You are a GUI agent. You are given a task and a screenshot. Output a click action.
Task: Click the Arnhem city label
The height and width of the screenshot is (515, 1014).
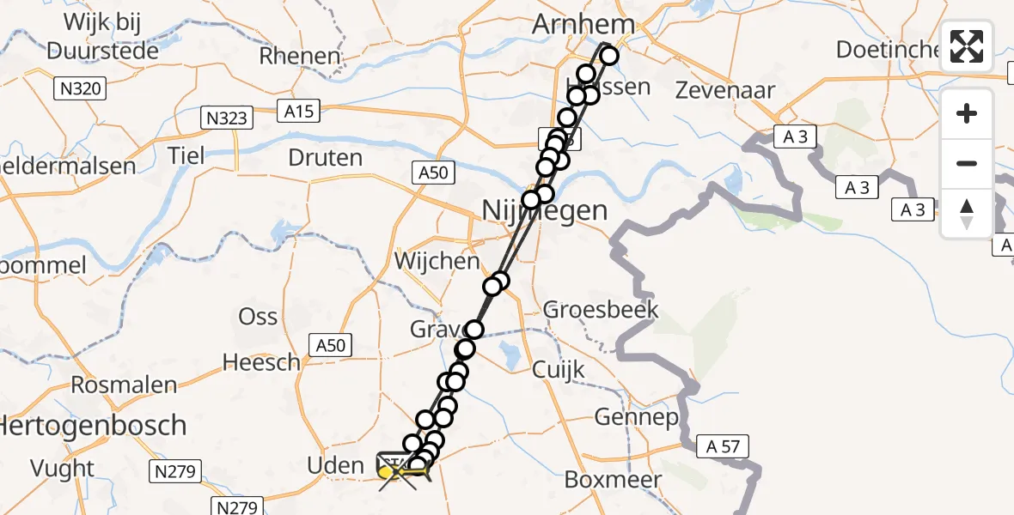(x=583, y=25)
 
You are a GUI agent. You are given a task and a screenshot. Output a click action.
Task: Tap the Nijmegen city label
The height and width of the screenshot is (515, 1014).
(x=544, y=210)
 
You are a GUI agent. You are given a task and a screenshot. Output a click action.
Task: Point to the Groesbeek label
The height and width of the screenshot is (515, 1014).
(x=601, y=309)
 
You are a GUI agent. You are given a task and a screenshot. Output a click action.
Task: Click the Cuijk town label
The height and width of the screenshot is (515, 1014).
(x=559, y=370)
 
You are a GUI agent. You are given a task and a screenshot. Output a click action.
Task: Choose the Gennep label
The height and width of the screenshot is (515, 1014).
(x=637, y=418)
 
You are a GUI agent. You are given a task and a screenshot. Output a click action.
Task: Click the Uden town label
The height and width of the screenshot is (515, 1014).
(x=336, y=466)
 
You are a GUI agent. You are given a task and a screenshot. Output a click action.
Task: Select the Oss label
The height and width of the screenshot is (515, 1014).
(x=258, y=316)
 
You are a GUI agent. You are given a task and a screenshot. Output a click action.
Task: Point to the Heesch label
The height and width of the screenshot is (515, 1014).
(x=261, y=362)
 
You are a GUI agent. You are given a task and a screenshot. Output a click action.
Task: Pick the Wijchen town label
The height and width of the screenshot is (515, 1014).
(x=437, y=259)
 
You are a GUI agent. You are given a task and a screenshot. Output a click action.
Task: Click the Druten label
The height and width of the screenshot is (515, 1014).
(x=326, y=158)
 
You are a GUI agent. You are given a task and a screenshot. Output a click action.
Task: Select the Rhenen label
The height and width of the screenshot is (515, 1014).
(x=300, y=57)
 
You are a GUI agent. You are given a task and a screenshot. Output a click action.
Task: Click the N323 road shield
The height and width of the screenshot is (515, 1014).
(x=227, y=118)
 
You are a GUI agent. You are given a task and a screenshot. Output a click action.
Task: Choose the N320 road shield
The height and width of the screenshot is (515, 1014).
(x=81, y=88)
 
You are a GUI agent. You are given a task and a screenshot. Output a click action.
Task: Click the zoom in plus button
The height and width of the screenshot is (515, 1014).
(x=967, y=113)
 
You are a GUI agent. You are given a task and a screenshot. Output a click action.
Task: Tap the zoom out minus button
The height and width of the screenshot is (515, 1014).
(x=967, y=163)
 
